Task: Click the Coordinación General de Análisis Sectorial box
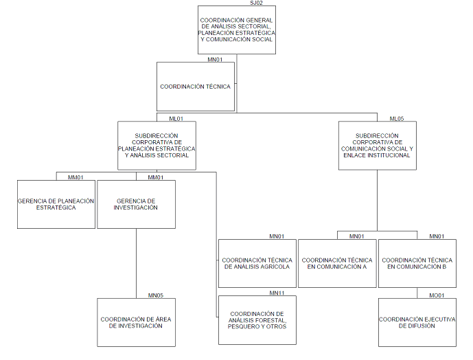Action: [236, 30]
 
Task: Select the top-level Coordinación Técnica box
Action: [195, 87]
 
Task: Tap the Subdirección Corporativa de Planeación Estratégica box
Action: [157, 146]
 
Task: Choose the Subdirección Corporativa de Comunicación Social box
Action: [377, 146]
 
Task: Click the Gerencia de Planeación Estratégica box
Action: [56, 204]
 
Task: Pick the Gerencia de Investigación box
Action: [136, 204]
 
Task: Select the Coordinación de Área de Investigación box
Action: [136, 322]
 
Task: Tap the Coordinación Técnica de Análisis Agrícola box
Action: [257, 263]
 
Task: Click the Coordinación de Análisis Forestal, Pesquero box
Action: [257, 320]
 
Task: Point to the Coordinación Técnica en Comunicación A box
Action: [336, 263]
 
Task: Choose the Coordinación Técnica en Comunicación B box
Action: [417, 263]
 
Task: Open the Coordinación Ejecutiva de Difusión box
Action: [417, 322]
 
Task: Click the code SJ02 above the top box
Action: [256, 3]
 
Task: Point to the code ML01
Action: [176, 118]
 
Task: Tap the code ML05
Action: [396, 118]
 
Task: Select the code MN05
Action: [155, 295]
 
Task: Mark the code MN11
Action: [277, 293]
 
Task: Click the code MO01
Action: [437, 295]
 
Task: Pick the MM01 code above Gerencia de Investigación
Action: [155, 177]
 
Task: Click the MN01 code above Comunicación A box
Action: [356, 236]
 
